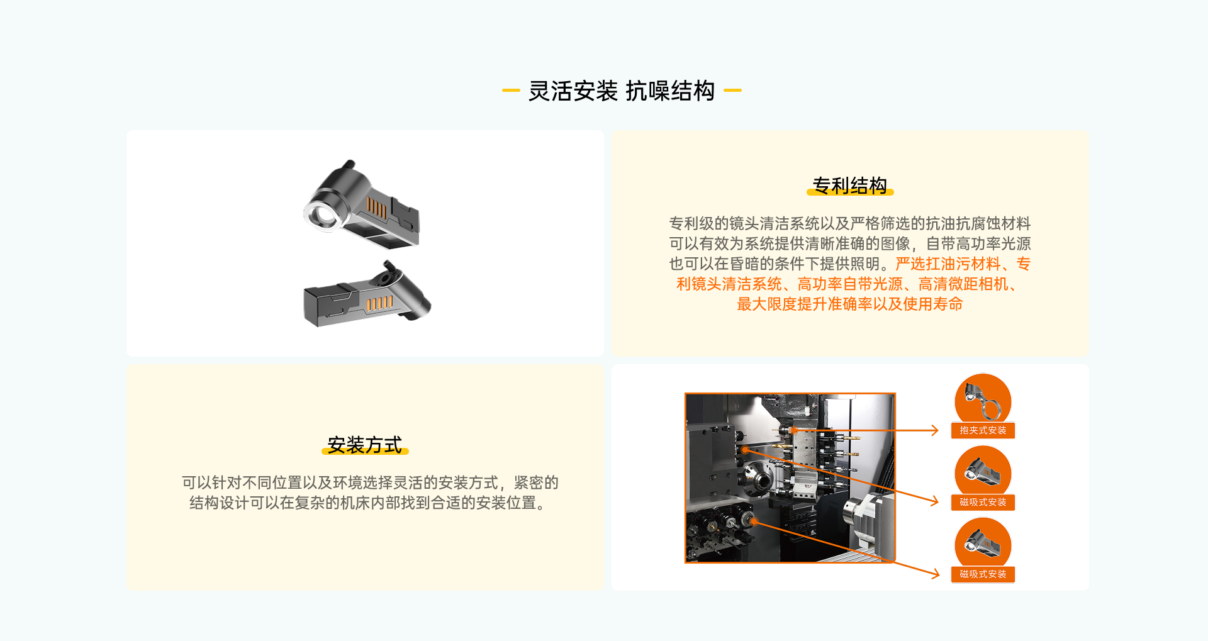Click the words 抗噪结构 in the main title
[x=670, y=91]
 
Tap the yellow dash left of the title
[x=511, y=91]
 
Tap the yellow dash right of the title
[x=732, y=91]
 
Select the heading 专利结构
[x=850, y=186]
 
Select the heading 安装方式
[x=365, y=445]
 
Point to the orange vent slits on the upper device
[x=377, y=208]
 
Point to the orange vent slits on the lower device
[x=379, y=303]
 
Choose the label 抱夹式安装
[x=983, y=430]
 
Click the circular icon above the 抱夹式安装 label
[x=983, y=400]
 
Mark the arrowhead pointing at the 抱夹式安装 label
[x=935, y=430]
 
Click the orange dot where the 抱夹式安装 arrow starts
[x=795, y=430]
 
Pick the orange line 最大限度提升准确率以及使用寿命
[x=850, y=304]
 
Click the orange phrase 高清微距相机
[x=963, y=284]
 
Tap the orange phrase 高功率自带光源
[x=849, y=284]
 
